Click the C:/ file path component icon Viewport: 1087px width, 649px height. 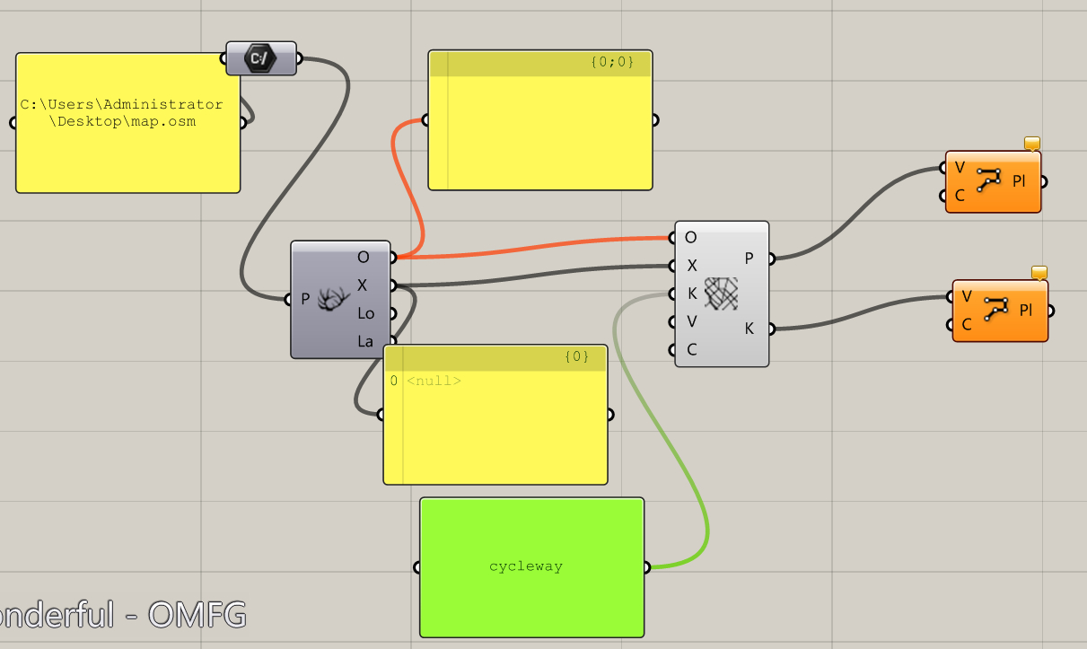pos(260,59)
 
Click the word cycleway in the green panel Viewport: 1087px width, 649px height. pos(526,566)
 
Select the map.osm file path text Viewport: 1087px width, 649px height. pos(122,113)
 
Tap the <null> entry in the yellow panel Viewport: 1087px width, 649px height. pos(434,381)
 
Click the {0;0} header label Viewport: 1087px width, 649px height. pos(612,62)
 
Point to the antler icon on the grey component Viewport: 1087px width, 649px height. pos(334,299)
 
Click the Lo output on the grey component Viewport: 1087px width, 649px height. pos(365,313)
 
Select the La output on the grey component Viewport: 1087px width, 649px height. pos(365,341)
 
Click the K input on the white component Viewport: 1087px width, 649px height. pos(691,294)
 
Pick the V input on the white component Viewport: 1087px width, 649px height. pos(691,321)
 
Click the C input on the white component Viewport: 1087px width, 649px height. pos(691,349)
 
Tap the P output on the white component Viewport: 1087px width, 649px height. pos(750,259)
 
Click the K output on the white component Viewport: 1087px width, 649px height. pos(750,329)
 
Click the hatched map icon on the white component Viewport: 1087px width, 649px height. pos(721,294)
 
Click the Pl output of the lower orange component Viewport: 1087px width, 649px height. pos(1026,310)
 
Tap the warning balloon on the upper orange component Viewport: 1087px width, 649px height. pos(1032,144)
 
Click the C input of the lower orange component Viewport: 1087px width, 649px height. pos(967,325)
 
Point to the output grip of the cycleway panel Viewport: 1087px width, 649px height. pos(648,567)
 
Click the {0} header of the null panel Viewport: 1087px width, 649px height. pos(576,356)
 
